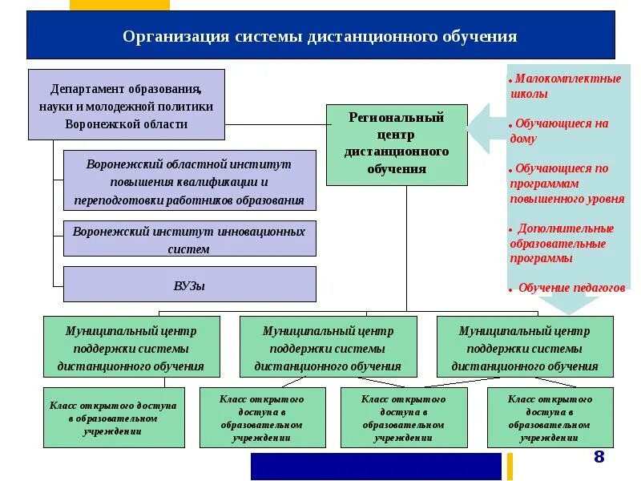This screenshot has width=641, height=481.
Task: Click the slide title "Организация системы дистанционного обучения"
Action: (x=320, y=37)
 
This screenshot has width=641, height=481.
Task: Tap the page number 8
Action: (x=599, y=457)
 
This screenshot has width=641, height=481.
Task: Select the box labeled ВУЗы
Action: (x=189, y=285)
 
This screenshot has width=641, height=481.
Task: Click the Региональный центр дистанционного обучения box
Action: (x=397, y=144)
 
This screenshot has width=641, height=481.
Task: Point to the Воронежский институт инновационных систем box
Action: (x=189, y=239)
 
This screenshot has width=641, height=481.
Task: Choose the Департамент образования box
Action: (x=126, y=104)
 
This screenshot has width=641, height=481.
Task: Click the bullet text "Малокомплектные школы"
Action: (x=565, y=86)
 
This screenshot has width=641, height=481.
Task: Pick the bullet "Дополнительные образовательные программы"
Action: (x=561, y=244)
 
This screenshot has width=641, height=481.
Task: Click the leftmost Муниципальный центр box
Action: (x=131, y=347)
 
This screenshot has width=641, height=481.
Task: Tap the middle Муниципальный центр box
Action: (x=328, y=347)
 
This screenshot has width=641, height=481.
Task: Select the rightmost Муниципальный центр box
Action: (x=525, y=347)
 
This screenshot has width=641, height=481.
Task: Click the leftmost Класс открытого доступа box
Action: (x=114, y=418)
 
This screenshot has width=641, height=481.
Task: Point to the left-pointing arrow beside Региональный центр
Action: (x=481, y=129)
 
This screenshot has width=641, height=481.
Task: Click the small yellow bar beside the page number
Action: (x=509, y=466)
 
